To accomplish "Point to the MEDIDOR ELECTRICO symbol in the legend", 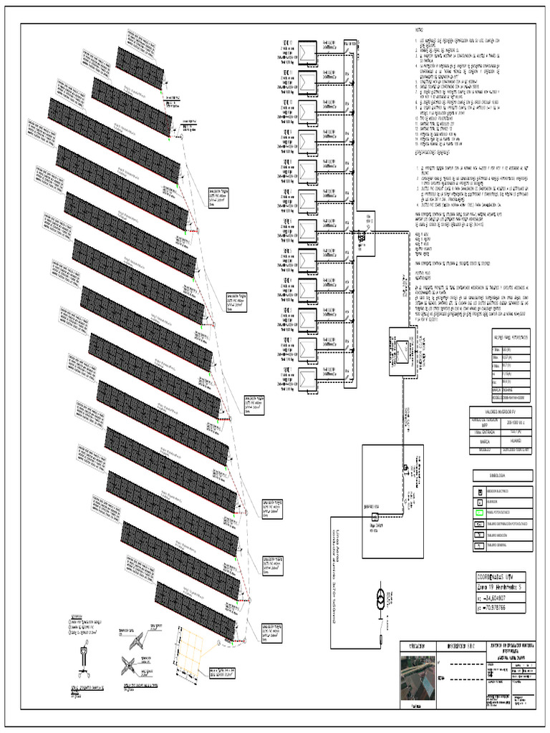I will pos(478,492).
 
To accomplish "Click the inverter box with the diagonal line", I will pos(404,350).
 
